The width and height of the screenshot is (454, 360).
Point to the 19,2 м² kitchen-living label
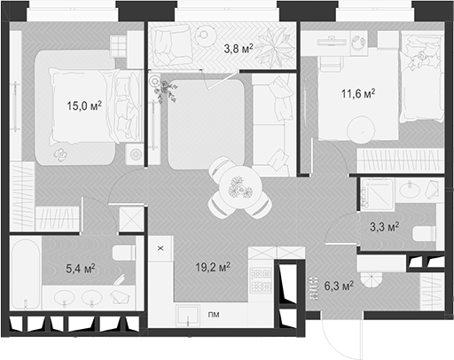pyautogui.click(x=213, y=265)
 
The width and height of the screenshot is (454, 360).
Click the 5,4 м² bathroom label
pyautogui.click(x=81, y=266)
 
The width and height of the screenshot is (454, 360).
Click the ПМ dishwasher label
pyautogui.click(x=214, y=315)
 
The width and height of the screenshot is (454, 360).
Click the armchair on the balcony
pyautogui.click(x=168, y=41)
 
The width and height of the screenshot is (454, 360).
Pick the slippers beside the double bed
pyautogui.click(x=62, y=155)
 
